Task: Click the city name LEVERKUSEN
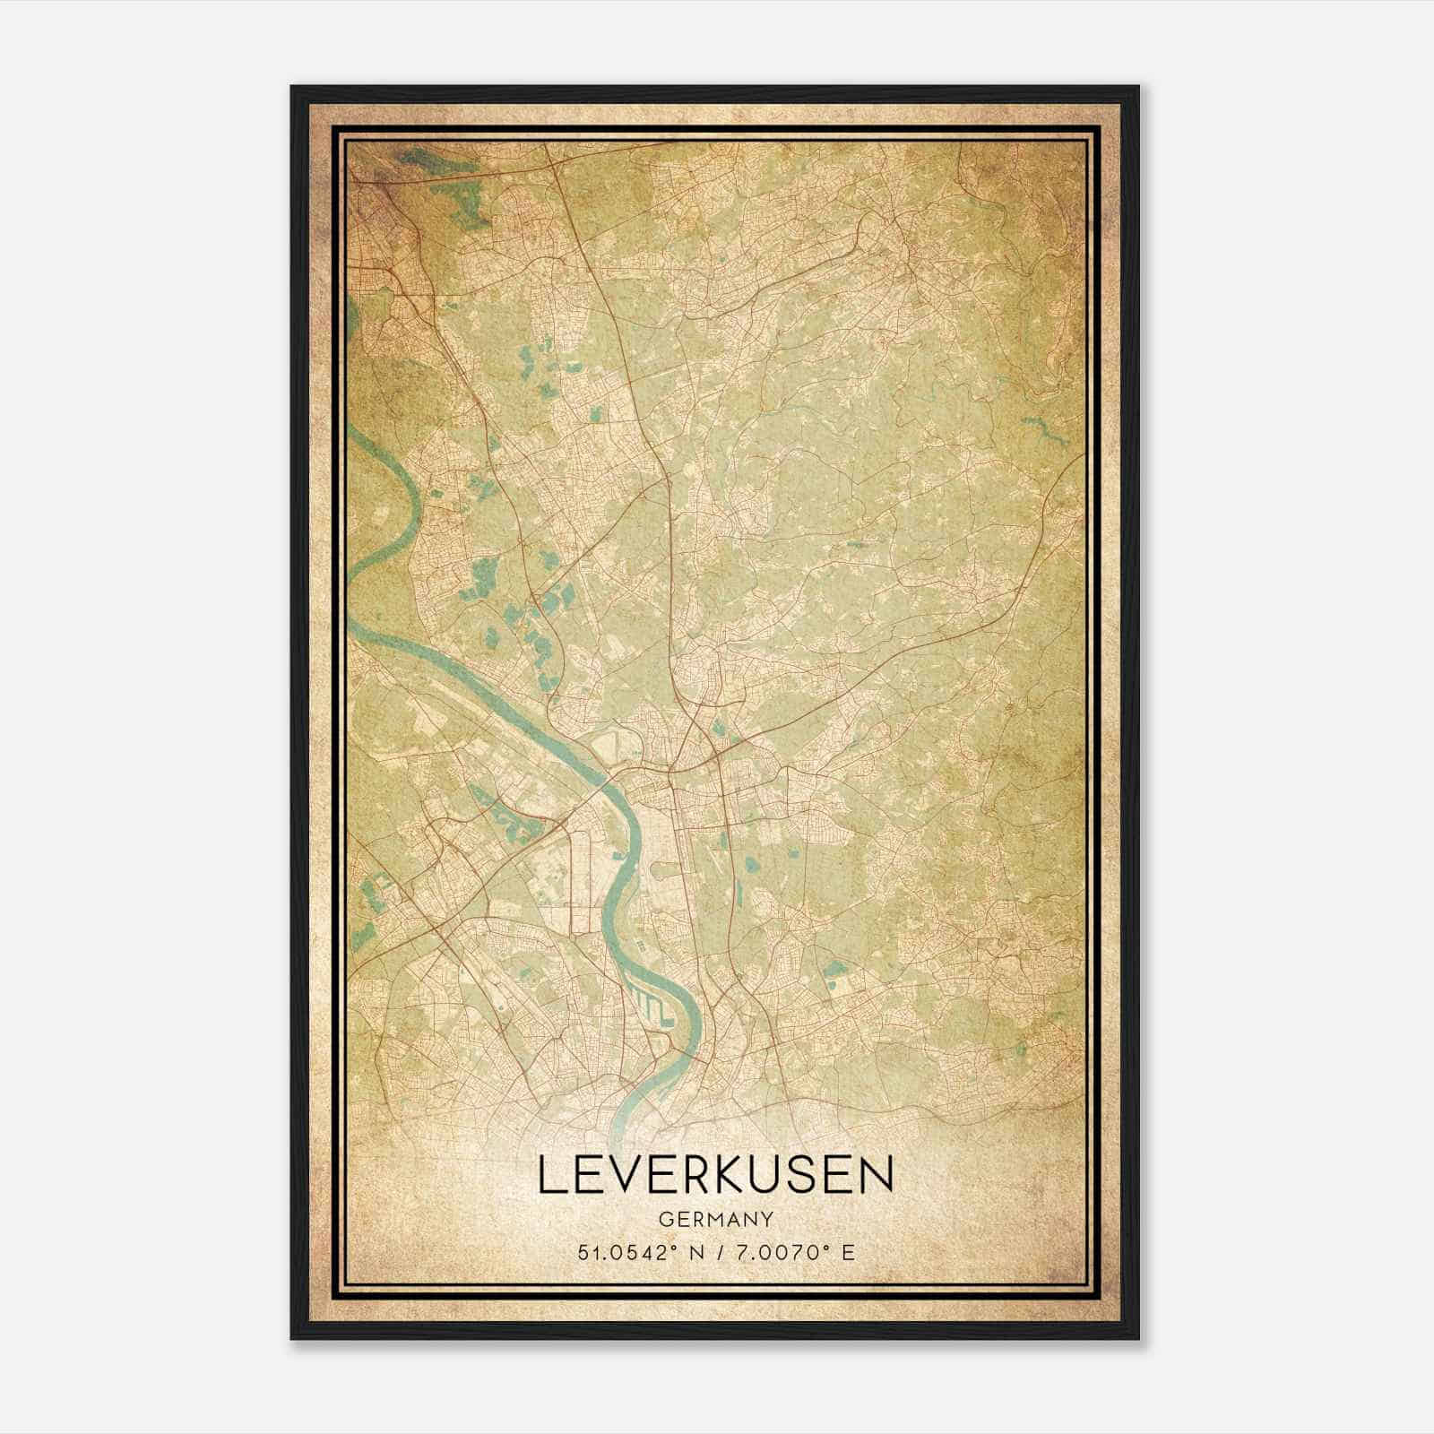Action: pos(715,1176)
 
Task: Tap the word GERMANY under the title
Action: pos(715,1220)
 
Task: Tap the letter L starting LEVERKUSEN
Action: pos(550,1176)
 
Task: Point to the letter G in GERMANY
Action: pos(664,1220)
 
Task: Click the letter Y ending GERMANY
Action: pos(768,1220)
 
